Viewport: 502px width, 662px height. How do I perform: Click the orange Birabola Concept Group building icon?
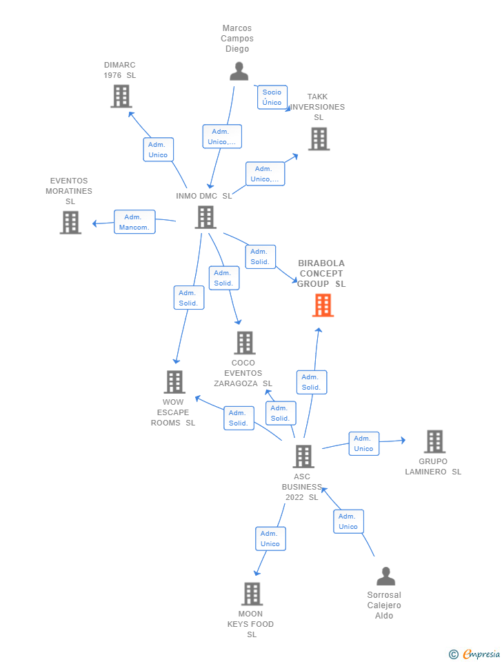pyautogui.click(x=323, y=305)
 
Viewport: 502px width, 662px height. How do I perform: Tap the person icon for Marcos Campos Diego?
pyautogui.click(x=239, y=72)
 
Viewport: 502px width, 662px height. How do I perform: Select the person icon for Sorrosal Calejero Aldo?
pyautogui.click(x=385, y=576)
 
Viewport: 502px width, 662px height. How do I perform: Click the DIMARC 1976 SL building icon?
pyautogui.click(x=121, y=97)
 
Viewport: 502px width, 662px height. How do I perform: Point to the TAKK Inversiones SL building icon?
pyautogui.click(x=319, y=139)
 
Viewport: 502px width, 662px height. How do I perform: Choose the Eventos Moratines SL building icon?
pyautogui.click(x=70, y=223)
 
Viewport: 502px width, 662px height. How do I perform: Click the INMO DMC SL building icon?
pyautogui.click(x=205, y=217)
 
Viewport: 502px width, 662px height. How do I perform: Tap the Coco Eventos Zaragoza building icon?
pyautogui.click(x=244, y=343)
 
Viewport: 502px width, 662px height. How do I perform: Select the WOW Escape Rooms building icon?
pyautogui.click(x=174, y=382)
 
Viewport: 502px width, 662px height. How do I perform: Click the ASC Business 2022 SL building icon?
pyautogui.click(x=303, y=457)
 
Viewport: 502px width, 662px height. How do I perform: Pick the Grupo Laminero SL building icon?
pyautogui.click(x=434, y=441)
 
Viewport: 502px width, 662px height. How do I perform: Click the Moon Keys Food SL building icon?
pyautogui.click(x=252, y=594)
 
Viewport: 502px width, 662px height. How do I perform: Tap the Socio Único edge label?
pyautogui.click(x=272, y=97)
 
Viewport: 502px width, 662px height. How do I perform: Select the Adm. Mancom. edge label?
pyautogui.click(x=134, y=222)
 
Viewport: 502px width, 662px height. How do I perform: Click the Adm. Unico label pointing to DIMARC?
pyautogui.click(x=158, y=150)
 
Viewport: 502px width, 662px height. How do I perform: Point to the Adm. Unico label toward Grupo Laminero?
pyautogui.click(x=363, y=443)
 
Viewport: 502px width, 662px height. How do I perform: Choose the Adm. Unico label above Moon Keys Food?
pyautogui.click(x=270, y=539)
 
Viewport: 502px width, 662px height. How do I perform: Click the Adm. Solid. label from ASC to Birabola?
pyautogui.click(x=311, y=382)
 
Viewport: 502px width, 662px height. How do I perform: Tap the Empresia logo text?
pyautogui.click(x=481, y=654)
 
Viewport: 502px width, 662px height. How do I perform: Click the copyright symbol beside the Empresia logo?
pyautogui.click(x=453, y=654)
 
